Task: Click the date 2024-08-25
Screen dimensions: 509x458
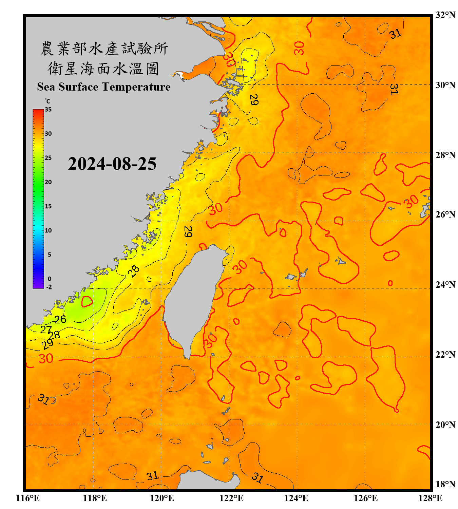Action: (x=112, y=164)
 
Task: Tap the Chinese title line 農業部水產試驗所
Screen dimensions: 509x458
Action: (x=104, y=49)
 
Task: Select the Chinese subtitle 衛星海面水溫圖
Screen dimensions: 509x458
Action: (x=103, y=69)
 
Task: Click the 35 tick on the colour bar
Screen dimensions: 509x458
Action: (x=48, y=109)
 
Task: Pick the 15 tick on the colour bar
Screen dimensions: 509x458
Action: (x=48, y=206)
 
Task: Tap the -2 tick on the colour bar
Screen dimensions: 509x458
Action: (x=49, y=287)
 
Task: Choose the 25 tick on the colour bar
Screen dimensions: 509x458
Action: (x=48, y=158)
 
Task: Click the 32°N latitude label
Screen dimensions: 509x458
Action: (x=445, y=15)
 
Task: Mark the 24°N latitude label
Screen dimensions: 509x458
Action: (x=445, y=284)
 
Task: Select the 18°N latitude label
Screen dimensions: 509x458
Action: (x=445, y=484)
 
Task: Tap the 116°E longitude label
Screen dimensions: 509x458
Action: (x=28, y=498)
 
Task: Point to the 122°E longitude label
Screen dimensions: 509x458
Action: (x=231, y=498)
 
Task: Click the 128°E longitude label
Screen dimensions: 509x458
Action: (x=430, y=498)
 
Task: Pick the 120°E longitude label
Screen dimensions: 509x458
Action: (x=162, y=498)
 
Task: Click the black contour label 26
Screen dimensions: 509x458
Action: (x=60, y=319)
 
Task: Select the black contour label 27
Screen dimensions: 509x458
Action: (x=46, y=329)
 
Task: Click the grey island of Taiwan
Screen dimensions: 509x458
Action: (x=193, y=295)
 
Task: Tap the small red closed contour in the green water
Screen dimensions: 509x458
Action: (x=87, y=301)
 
